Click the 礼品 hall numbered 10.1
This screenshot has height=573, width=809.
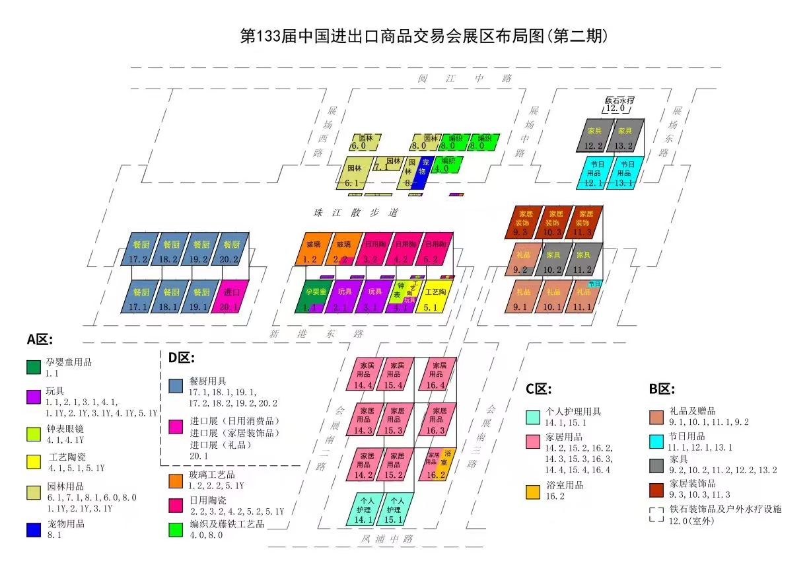coord(553,297)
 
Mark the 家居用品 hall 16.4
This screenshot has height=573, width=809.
coord(437,373)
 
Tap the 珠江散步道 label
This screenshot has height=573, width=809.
coord(356,213)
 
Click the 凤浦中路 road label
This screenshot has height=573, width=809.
coord(386,539)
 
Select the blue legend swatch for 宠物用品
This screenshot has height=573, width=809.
coord(34,529)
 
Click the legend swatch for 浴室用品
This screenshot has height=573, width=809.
coord(532,491)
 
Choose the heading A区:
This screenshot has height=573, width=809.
coord(40,340)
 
